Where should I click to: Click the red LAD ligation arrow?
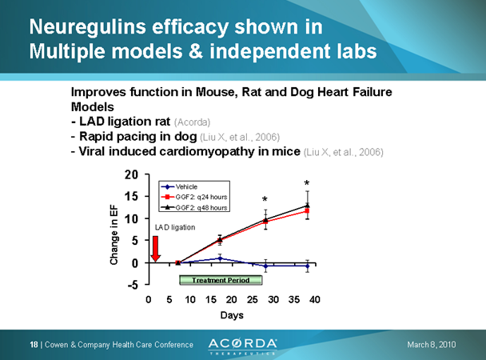(155, 249)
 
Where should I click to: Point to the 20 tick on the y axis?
(133, 174)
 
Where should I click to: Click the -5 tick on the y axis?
(133, 285)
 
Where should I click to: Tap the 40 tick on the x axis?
(315, 299)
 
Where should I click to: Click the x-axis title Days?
(232, 315)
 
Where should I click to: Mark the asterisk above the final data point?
(307, 184)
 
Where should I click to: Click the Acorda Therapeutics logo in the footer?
(244, 344)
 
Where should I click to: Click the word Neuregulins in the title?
(87, 27)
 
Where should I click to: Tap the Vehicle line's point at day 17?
(220, 258)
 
